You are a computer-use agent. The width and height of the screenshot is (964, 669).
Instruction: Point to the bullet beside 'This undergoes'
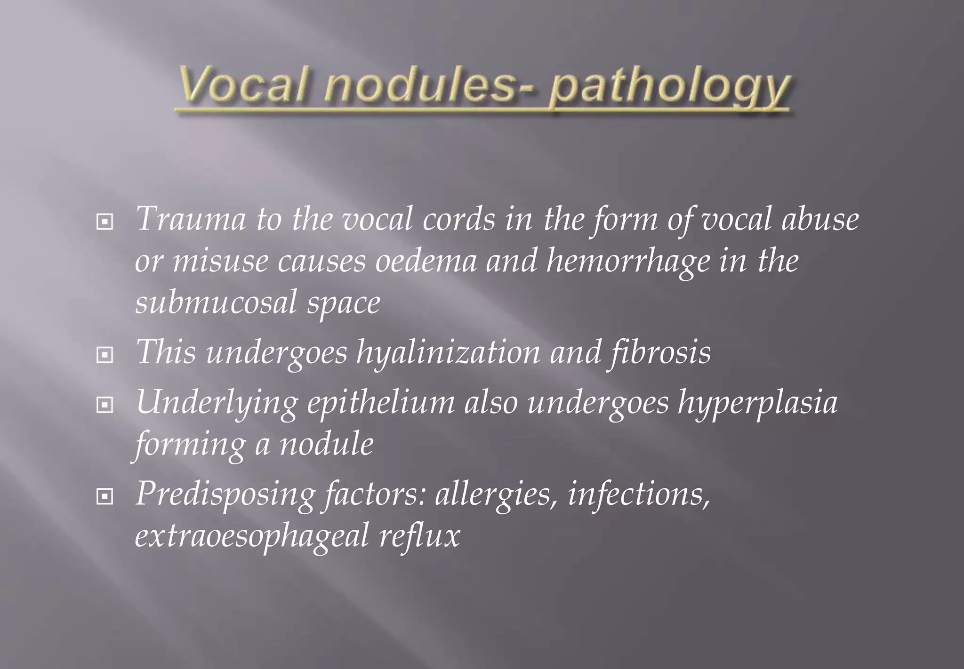tap(104, 354)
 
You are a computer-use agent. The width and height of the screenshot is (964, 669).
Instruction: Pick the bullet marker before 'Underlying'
tap(104, 405)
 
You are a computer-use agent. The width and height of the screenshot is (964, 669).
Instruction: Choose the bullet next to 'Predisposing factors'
tap(104, 496)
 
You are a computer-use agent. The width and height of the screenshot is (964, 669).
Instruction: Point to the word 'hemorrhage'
tap(627, 262)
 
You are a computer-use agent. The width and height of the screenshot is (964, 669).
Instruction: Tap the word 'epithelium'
tap(381, 404)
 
